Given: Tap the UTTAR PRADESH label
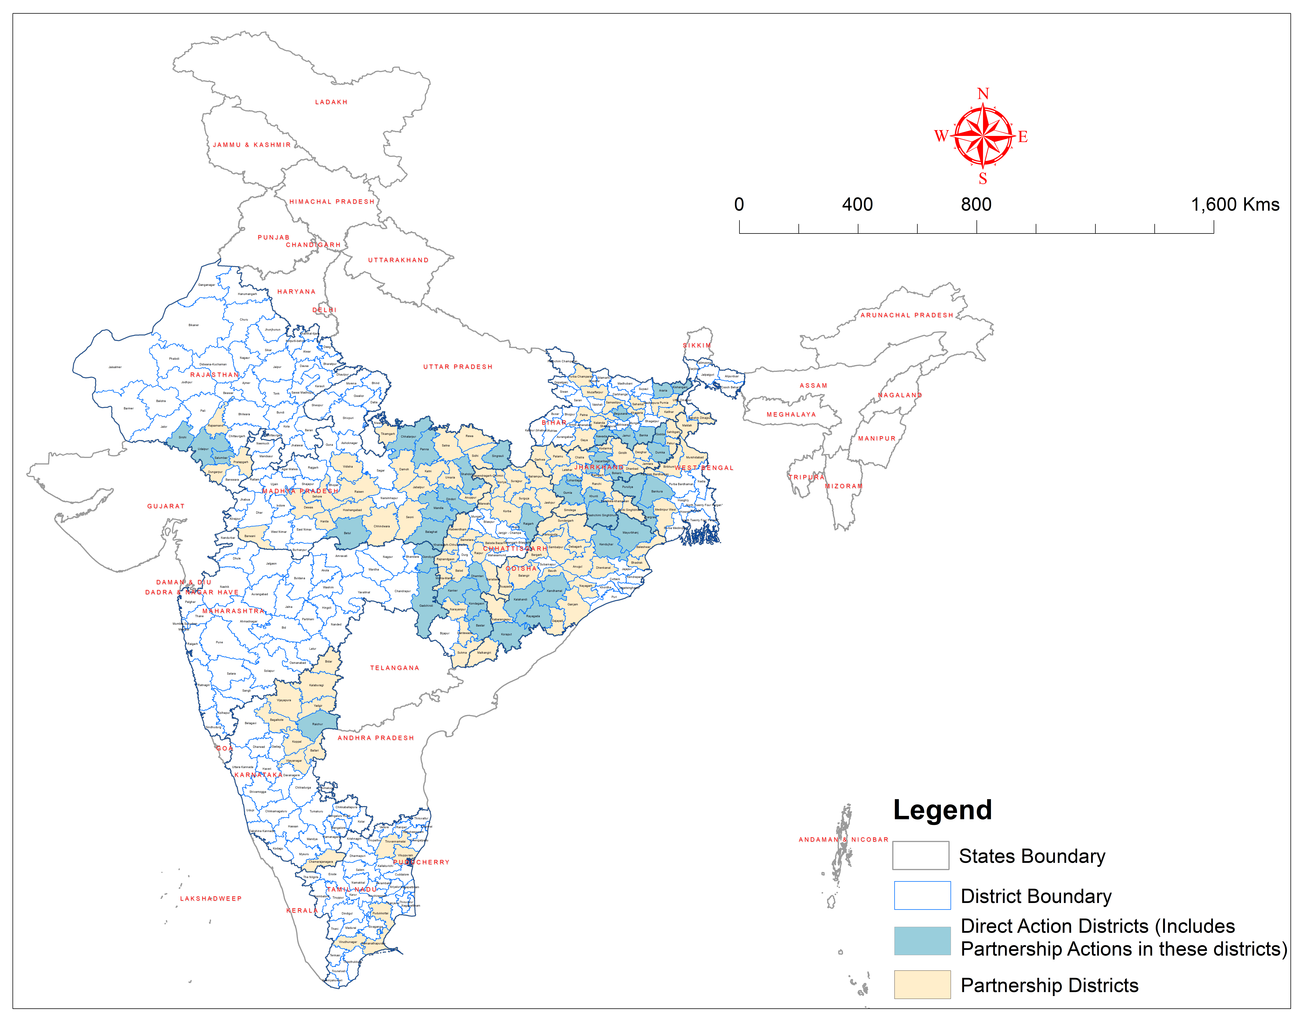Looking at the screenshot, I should [x=458, y=367].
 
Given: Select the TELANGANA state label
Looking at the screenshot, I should [x=394, y=668].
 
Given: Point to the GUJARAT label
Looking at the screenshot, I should [x=166, y=506].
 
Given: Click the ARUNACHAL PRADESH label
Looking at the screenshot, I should [x=907, y=315].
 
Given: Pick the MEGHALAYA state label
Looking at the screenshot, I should [x=791, y=414].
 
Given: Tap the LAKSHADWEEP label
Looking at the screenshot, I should [x=211, y=898].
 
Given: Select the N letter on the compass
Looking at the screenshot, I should [x=983, y=94].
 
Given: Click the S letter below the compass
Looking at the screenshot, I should [x=983, y=179].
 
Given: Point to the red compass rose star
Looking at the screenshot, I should [x=983, y=136].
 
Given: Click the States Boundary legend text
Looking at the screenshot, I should [x=1032, y=856].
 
